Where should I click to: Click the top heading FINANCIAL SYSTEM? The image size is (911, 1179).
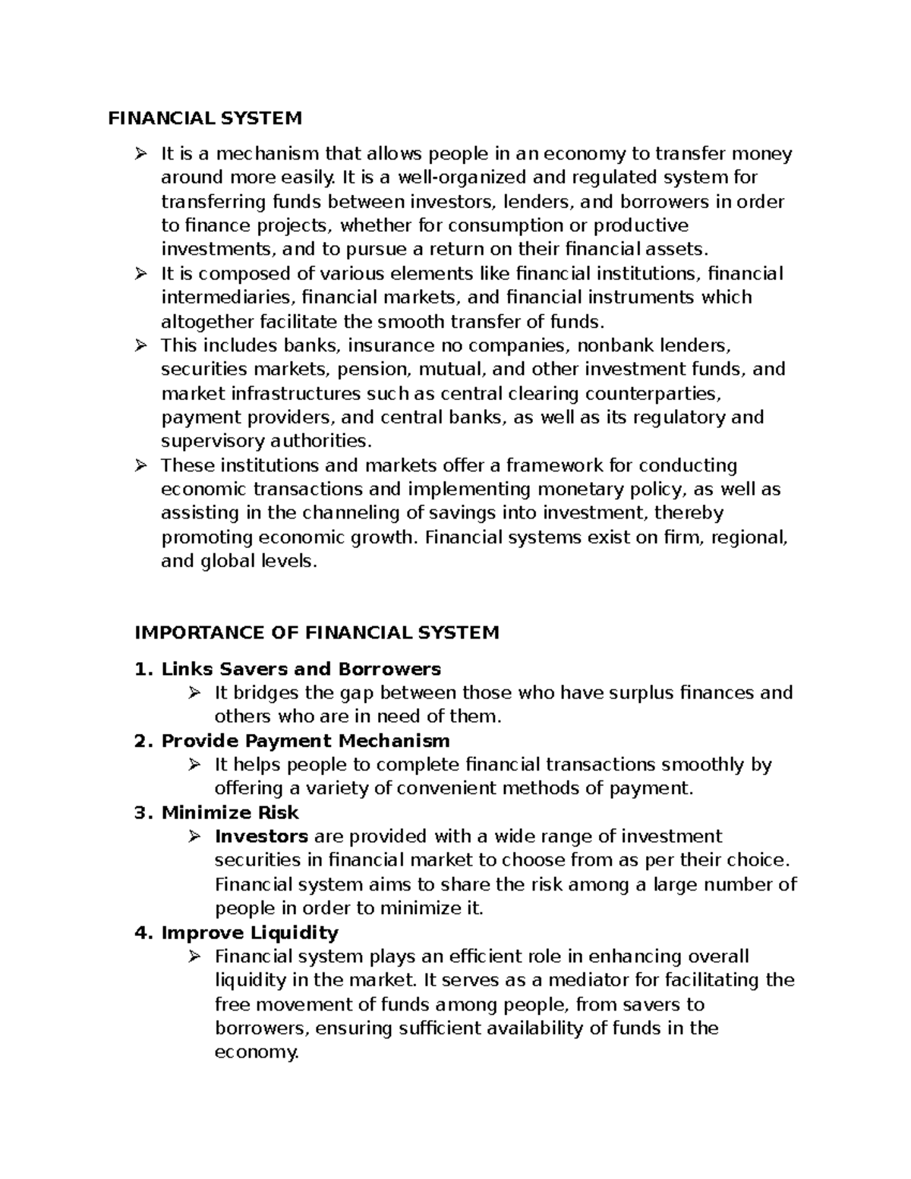[205, 118]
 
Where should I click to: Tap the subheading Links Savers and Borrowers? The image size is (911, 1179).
[301, 669]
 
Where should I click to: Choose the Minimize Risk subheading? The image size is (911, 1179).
[230, 812]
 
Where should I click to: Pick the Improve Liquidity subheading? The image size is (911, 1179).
[250, 932]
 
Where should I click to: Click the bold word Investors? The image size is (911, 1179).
[261, 837]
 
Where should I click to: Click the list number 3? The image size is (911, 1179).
[139, 812]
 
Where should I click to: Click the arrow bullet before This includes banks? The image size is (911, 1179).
[140, 345]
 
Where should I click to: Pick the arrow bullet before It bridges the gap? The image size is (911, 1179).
[194, 692]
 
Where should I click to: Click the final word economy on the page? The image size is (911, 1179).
[257, 1052]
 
